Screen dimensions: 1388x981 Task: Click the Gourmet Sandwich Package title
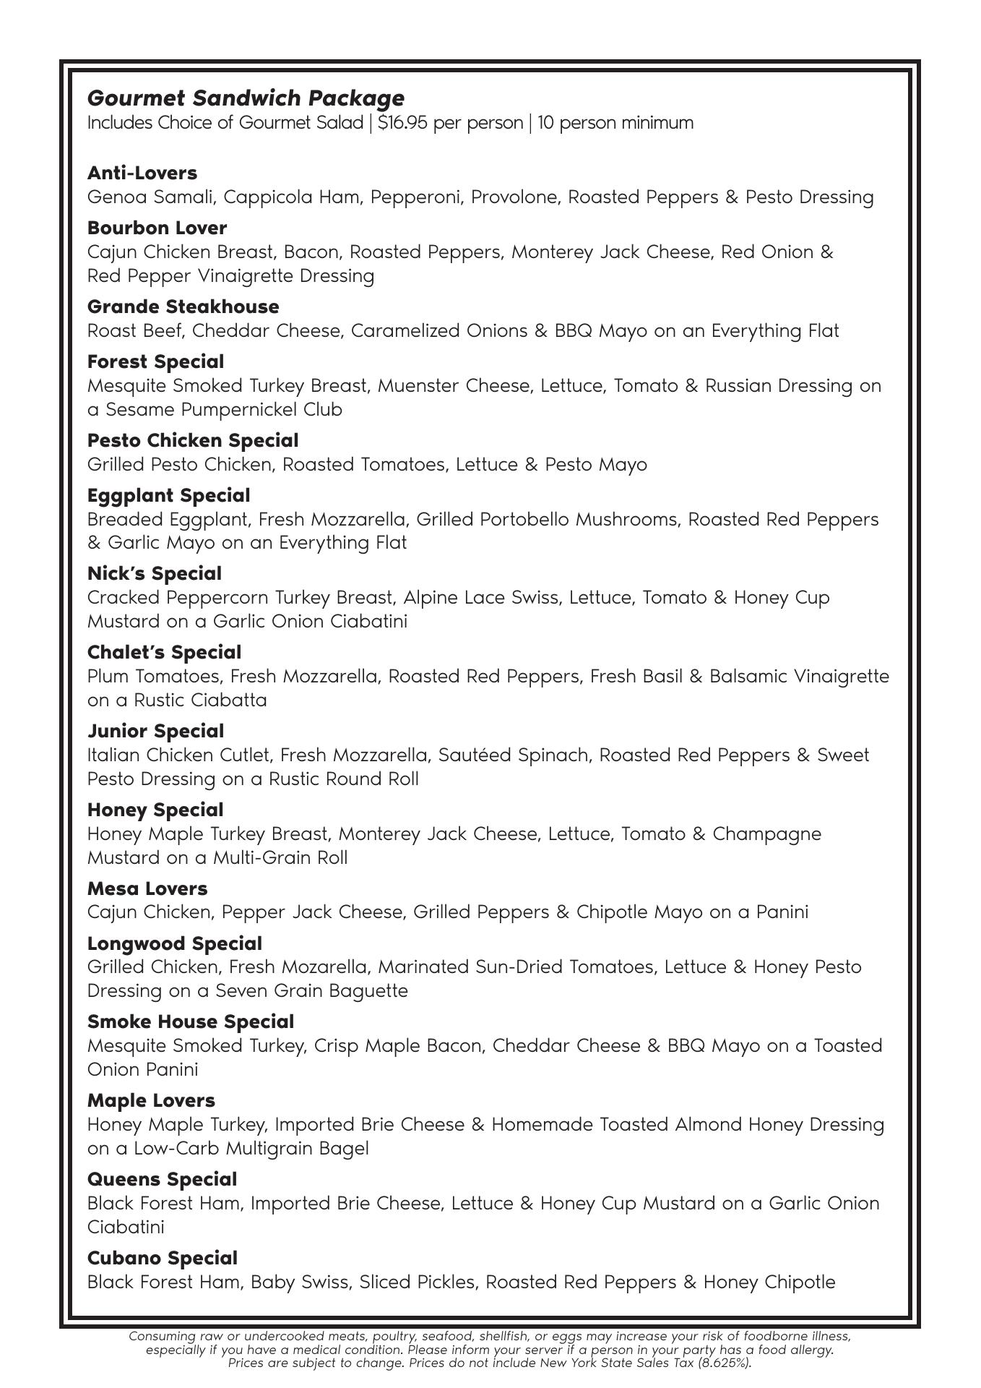246,98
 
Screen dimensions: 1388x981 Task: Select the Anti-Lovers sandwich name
142,173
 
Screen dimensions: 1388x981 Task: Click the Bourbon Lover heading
157,228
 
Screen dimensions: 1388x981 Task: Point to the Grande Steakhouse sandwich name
183,307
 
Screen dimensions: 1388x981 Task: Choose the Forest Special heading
155,362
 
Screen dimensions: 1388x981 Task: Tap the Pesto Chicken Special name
192,441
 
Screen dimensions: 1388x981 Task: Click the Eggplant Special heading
168,496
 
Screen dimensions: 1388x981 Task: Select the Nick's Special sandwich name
154,574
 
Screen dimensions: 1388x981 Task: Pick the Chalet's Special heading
164,653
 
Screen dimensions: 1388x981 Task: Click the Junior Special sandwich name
155,732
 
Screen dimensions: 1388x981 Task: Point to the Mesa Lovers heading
147,889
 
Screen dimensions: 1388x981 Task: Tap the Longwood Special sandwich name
174,944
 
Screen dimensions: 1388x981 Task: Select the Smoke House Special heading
191,1022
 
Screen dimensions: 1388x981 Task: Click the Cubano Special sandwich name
162,1259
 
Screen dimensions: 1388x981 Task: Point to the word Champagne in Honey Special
766,834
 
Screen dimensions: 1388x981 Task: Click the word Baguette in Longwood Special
368,991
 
